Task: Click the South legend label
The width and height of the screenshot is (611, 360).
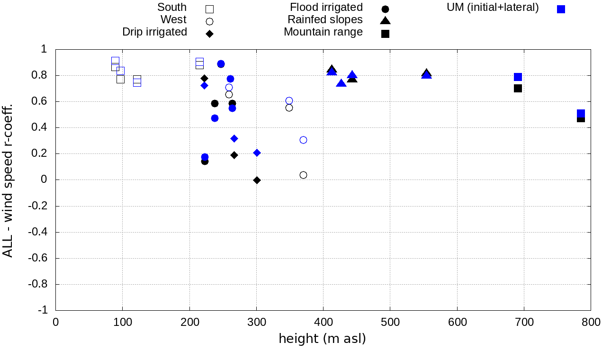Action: click(172, 8)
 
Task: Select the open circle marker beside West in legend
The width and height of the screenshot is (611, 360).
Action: click(210, 21)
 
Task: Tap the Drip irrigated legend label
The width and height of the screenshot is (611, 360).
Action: click(154, 32)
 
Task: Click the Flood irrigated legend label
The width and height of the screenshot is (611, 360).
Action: click(326, 8)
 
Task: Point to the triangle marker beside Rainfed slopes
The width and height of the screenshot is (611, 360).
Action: click(385, 20)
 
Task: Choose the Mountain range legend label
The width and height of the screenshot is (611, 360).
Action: click(323, 32)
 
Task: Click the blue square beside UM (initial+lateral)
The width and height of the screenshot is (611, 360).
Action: click(561, 9)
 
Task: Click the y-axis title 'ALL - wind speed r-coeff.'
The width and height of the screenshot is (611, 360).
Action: click(8, 180)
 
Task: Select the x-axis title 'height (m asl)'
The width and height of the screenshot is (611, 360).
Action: click(322, 339)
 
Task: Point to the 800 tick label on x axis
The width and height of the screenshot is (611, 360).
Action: click(591, 323)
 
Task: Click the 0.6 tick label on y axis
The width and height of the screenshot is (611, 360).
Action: click(40, 101)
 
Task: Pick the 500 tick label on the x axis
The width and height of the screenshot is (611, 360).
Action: click(390, 323)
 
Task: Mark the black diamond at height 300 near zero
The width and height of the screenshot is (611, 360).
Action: click(257, 180)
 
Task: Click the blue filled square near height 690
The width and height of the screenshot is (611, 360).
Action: click(518, 77)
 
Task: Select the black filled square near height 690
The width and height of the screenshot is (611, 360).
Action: click(518, 88)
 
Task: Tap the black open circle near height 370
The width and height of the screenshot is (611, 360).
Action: click(303, 175)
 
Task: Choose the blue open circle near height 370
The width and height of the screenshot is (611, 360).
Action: click(303, 140)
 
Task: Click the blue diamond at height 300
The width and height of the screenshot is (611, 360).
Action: click(257, 153)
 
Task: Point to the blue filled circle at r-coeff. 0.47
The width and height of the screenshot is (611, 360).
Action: click(215, 118)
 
